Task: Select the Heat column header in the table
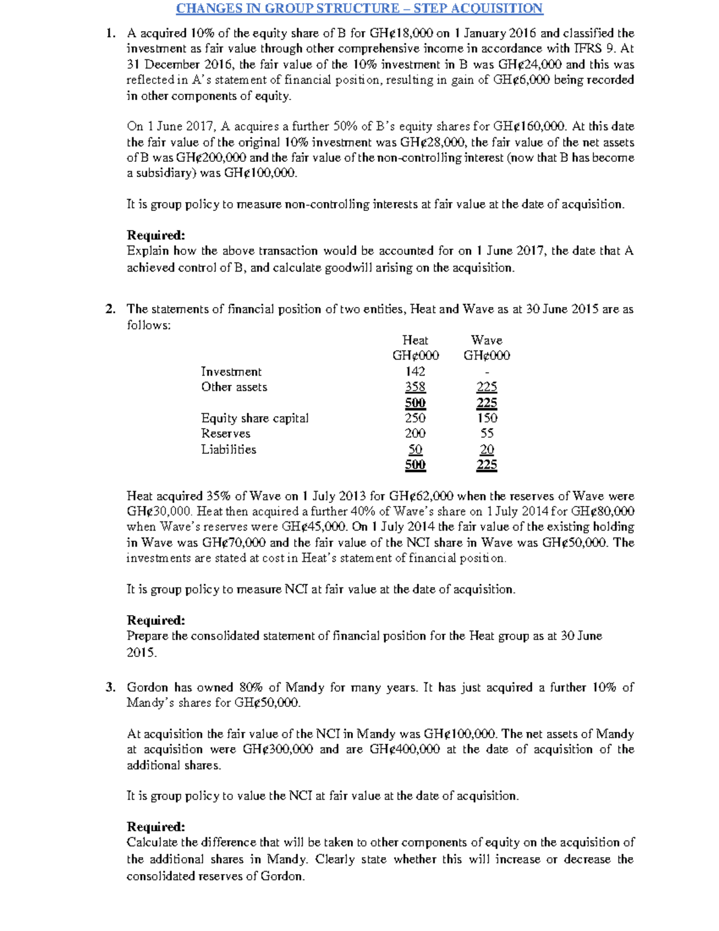(415, 340)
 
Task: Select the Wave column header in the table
(487, 340)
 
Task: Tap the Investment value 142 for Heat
(415, 372)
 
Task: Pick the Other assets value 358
(415, 387)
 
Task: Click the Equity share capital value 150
(487, 418)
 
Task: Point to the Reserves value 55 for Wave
(487, 433)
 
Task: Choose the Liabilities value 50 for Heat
(415, 450)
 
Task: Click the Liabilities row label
(228, 450)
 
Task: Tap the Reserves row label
(225, 433)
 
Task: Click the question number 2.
(110, 309)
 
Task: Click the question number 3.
(110, 688)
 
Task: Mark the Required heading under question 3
(156, 827)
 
